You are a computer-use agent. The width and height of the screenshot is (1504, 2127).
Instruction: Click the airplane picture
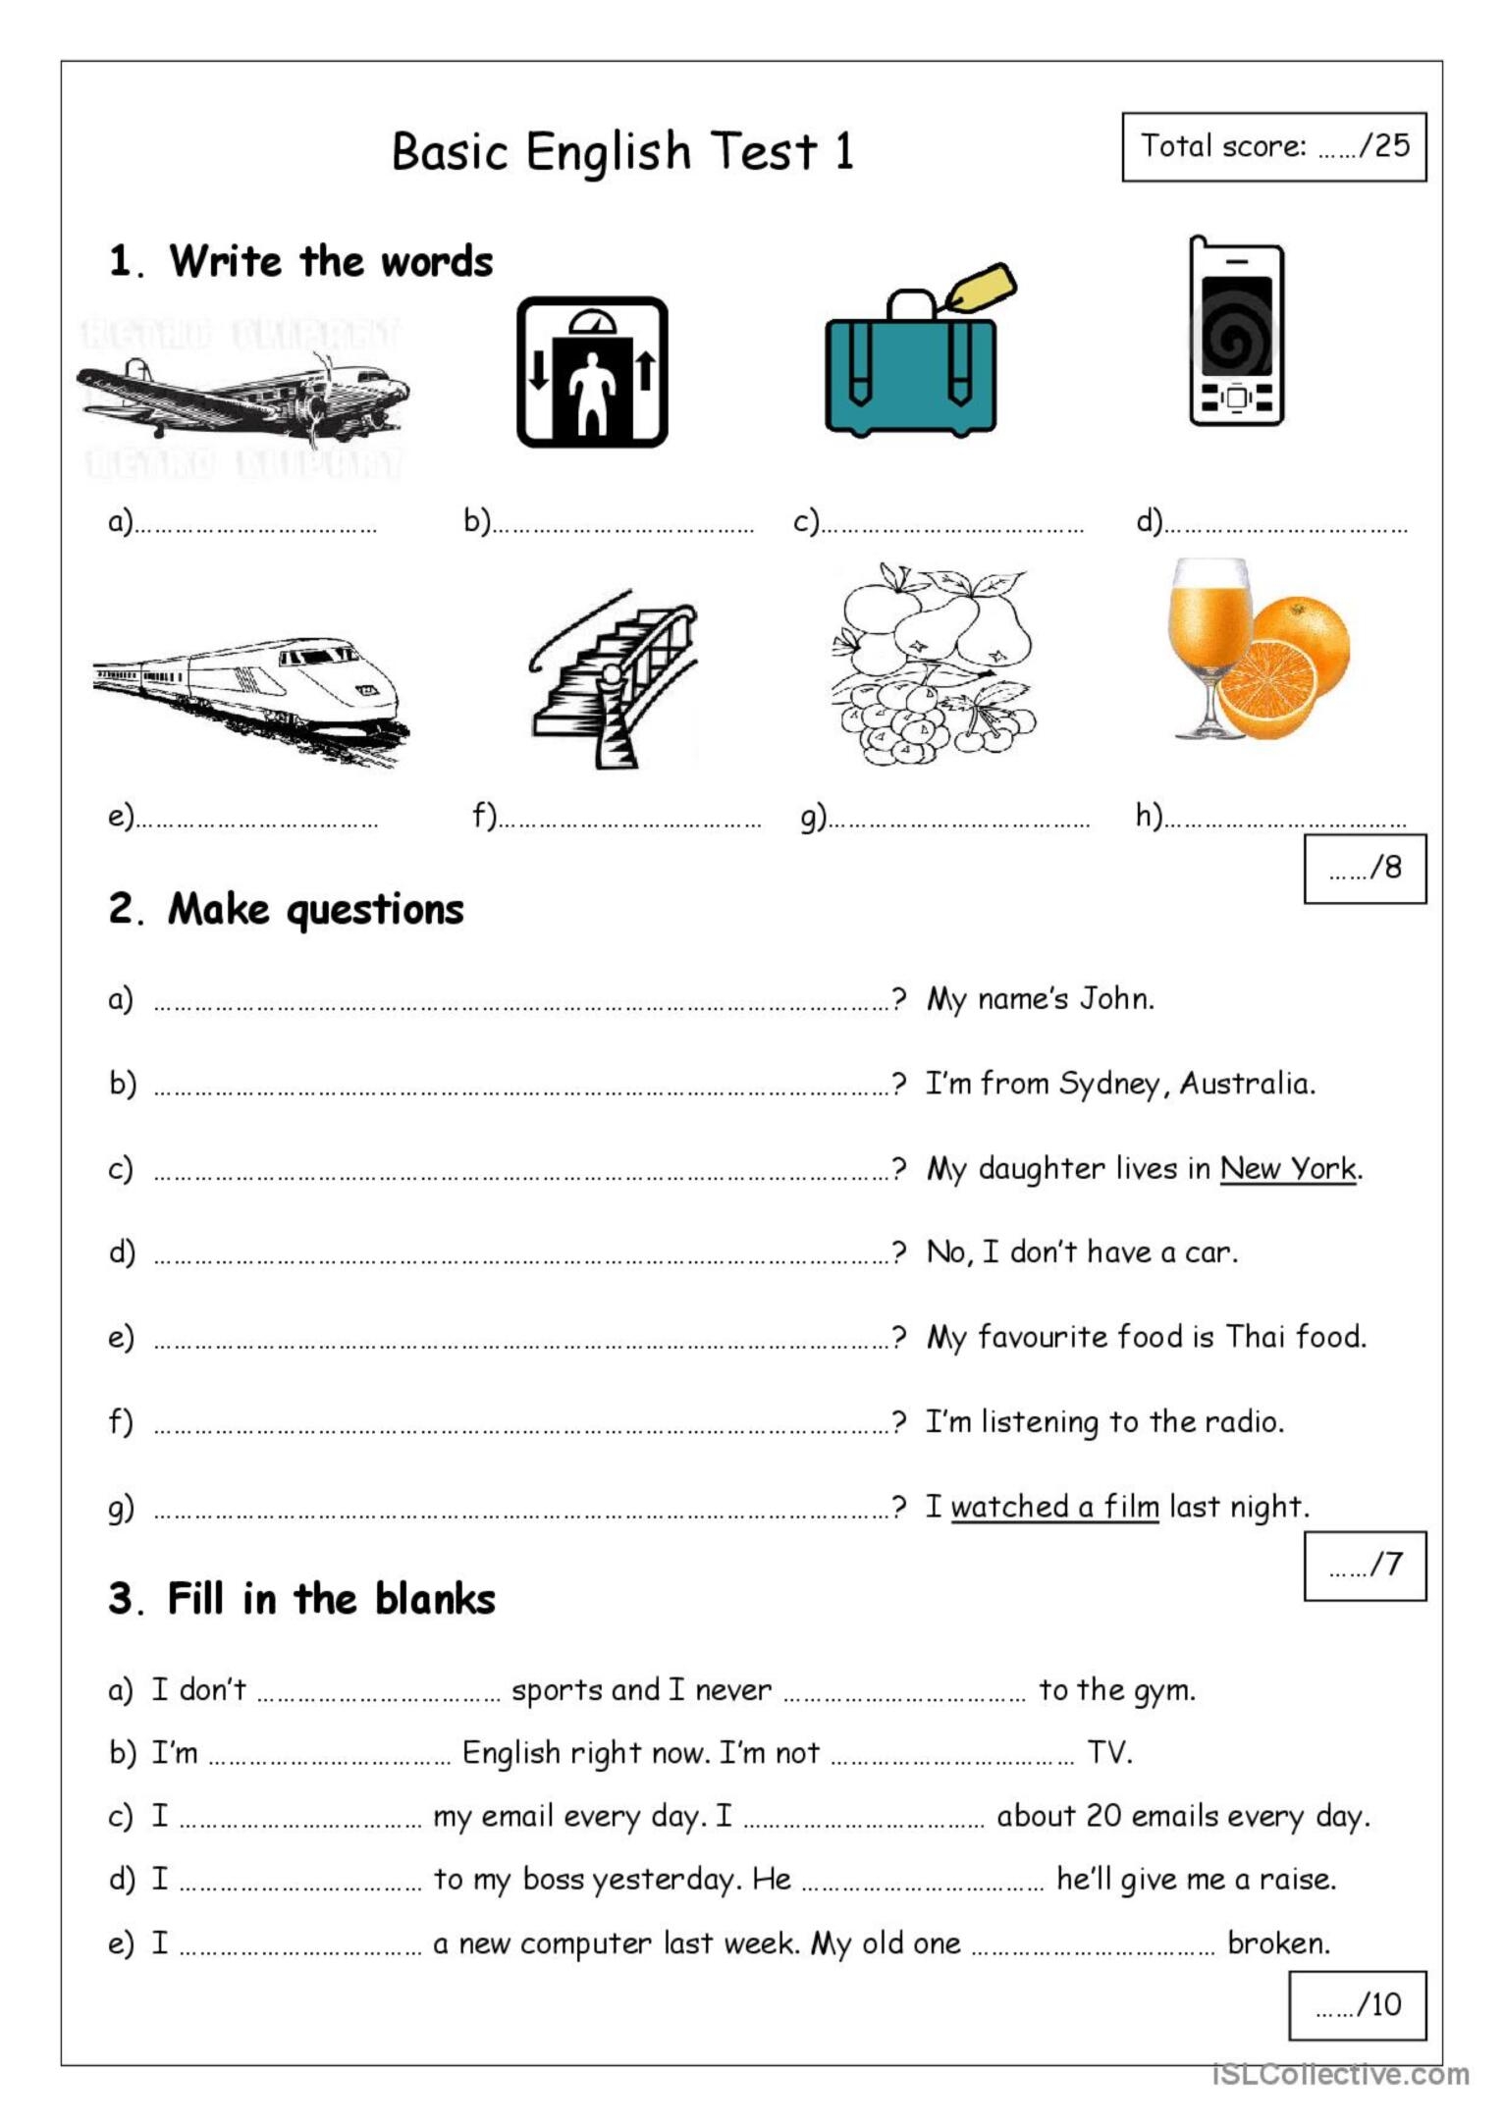tap(242, 399)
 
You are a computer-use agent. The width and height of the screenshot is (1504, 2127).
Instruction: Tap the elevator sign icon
tap(592, 372)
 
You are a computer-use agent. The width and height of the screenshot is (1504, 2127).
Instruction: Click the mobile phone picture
tap(1236, 332)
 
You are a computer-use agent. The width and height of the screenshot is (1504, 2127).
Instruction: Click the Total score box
tap(1273, 147)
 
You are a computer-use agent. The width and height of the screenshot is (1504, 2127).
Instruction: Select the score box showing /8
tap(1364, 869)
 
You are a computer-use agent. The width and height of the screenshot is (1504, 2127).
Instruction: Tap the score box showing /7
tap(1364, 1565)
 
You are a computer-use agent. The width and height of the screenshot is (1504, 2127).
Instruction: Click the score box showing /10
tap(1357, 2004)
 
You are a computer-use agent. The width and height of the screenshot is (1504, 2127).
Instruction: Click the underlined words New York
tap(1288, 1168)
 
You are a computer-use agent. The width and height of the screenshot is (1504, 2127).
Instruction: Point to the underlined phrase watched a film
tap(1054, 1506)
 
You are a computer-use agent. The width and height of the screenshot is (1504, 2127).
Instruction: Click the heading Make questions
tap(315, 910)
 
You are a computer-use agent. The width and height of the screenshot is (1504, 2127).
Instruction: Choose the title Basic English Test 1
tap(622, 152)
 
